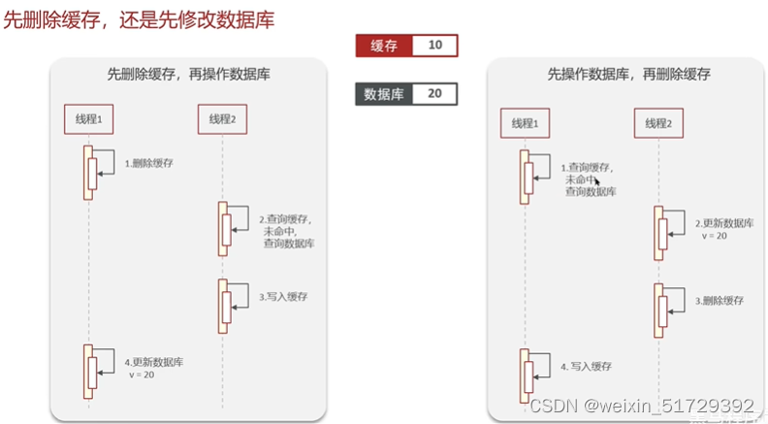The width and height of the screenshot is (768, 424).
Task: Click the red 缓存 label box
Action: [384, 46]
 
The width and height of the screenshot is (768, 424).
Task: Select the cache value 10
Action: [433, 46]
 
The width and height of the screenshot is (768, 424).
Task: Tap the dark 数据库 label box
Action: [384, 94]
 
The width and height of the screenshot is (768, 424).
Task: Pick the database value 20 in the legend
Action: [433, 94]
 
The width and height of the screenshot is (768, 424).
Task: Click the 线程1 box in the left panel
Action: [89, 118]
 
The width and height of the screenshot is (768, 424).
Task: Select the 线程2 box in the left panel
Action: [222, 118]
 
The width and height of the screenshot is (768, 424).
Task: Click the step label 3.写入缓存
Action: [284, 297]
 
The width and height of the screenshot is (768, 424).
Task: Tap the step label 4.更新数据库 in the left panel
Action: [154, 368]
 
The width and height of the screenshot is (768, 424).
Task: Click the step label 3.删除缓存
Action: [719, 302]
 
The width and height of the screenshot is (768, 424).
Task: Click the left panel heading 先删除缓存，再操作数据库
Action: [187, 75]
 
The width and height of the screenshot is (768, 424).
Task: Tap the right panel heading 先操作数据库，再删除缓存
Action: [629, 75]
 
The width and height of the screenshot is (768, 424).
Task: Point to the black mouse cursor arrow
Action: [597, 180]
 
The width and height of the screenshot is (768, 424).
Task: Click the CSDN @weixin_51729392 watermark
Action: [642, 406]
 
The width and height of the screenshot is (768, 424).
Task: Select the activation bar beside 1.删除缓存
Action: [88, 172]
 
